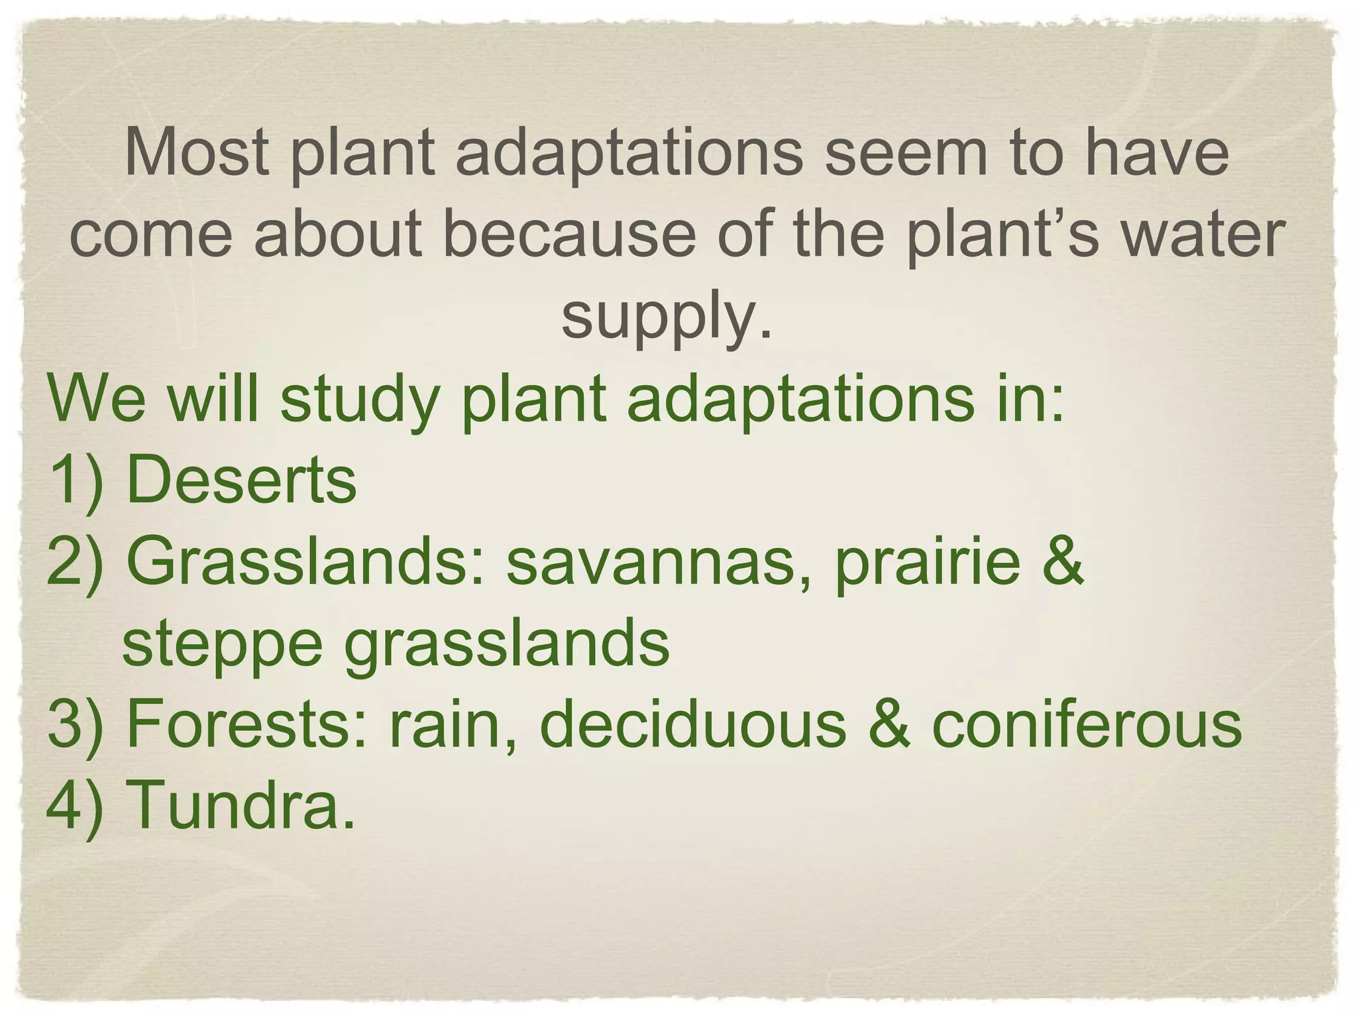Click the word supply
point(667,317)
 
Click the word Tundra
point(241,805)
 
